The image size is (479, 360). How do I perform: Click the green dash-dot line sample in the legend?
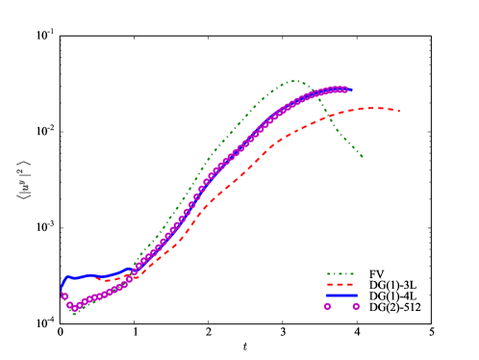(340, 274)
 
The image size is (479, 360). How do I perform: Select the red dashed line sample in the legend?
(340, 285)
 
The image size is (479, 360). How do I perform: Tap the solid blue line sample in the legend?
(340, 296)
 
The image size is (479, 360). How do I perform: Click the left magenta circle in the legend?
(327, 306)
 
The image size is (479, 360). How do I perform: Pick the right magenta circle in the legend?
(356, 306)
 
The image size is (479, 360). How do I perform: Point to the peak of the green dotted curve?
(293, 81)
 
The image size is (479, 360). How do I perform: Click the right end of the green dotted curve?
(363, 156)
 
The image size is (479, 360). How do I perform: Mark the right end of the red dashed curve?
(398, 112)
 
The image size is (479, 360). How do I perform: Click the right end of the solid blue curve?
(352, 90)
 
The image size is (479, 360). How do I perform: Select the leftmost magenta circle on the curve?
(64, 296)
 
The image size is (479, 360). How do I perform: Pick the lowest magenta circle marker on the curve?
(74, 308)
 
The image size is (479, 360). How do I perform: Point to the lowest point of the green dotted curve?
(74, 313)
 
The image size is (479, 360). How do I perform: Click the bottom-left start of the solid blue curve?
(62, 290)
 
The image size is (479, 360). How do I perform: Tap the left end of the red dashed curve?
(96, 279)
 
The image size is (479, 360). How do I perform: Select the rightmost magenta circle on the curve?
(344, 90)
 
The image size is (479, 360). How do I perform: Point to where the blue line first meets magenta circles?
(135, 269)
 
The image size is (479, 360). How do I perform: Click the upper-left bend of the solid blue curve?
(67, 277)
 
